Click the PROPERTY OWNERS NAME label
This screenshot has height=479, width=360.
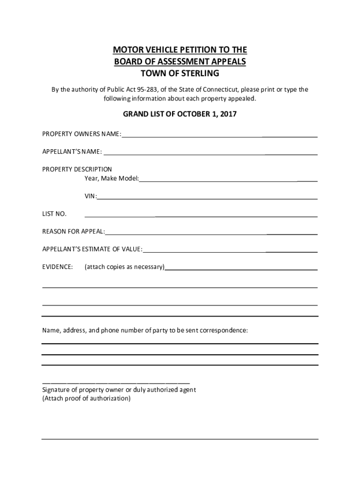[x=81, y=135]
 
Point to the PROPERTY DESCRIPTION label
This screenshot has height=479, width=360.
[x=77, y=169]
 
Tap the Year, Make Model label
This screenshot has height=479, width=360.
[x=111, y=179]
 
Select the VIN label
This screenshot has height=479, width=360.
[x=90, y=196]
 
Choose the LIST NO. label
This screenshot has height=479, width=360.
[x=54, y=214]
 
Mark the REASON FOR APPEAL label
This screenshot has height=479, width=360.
[x=73, y=232]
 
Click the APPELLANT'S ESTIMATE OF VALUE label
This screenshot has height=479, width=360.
[x=92, y=249]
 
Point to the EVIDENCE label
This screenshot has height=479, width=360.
[x=58, y=267]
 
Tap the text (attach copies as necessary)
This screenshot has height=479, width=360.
[x=124, y=267]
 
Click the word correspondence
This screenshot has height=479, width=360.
[x=224, y=330]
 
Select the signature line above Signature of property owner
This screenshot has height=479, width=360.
[x=115, y=383]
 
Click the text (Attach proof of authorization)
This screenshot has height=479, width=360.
[x=86, y=399]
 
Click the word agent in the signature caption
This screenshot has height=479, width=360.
[x=187, y=390]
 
